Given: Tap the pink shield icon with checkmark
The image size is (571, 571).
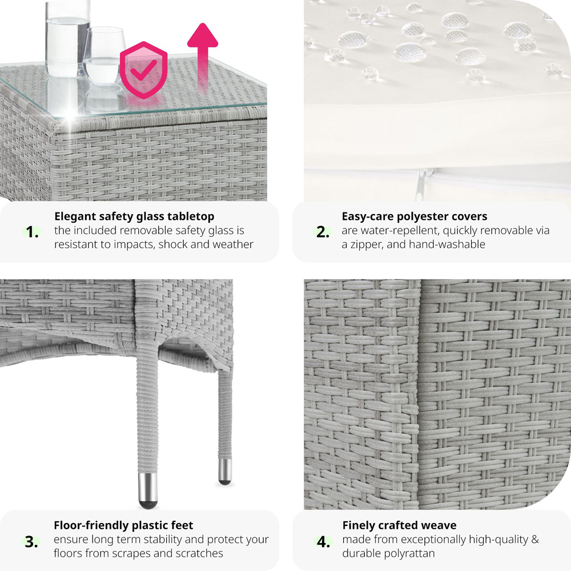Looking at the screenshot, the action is [143, 70].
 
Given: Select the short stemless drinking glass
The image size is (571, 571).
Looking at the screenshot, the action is [104, 56].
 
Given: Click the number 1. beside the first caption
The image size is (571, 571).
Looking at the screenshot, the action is [33, 232].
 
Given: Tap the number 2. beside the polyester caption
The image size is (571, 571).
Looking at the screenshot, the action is [323, 232].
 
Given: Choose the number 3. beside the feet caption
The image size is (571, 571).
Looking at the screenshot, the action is [31, 542].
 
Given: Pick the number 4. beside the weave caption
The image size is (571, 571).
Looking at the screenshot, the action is [323, 542].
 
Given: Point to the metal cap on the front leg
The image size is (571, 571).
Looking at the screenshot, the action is [148, 490].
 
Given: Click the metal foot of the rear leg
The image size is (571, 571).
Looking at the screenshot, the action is [224, 472].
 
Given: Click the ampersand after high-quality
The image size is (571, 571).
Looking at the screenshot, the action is [534, 540].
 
